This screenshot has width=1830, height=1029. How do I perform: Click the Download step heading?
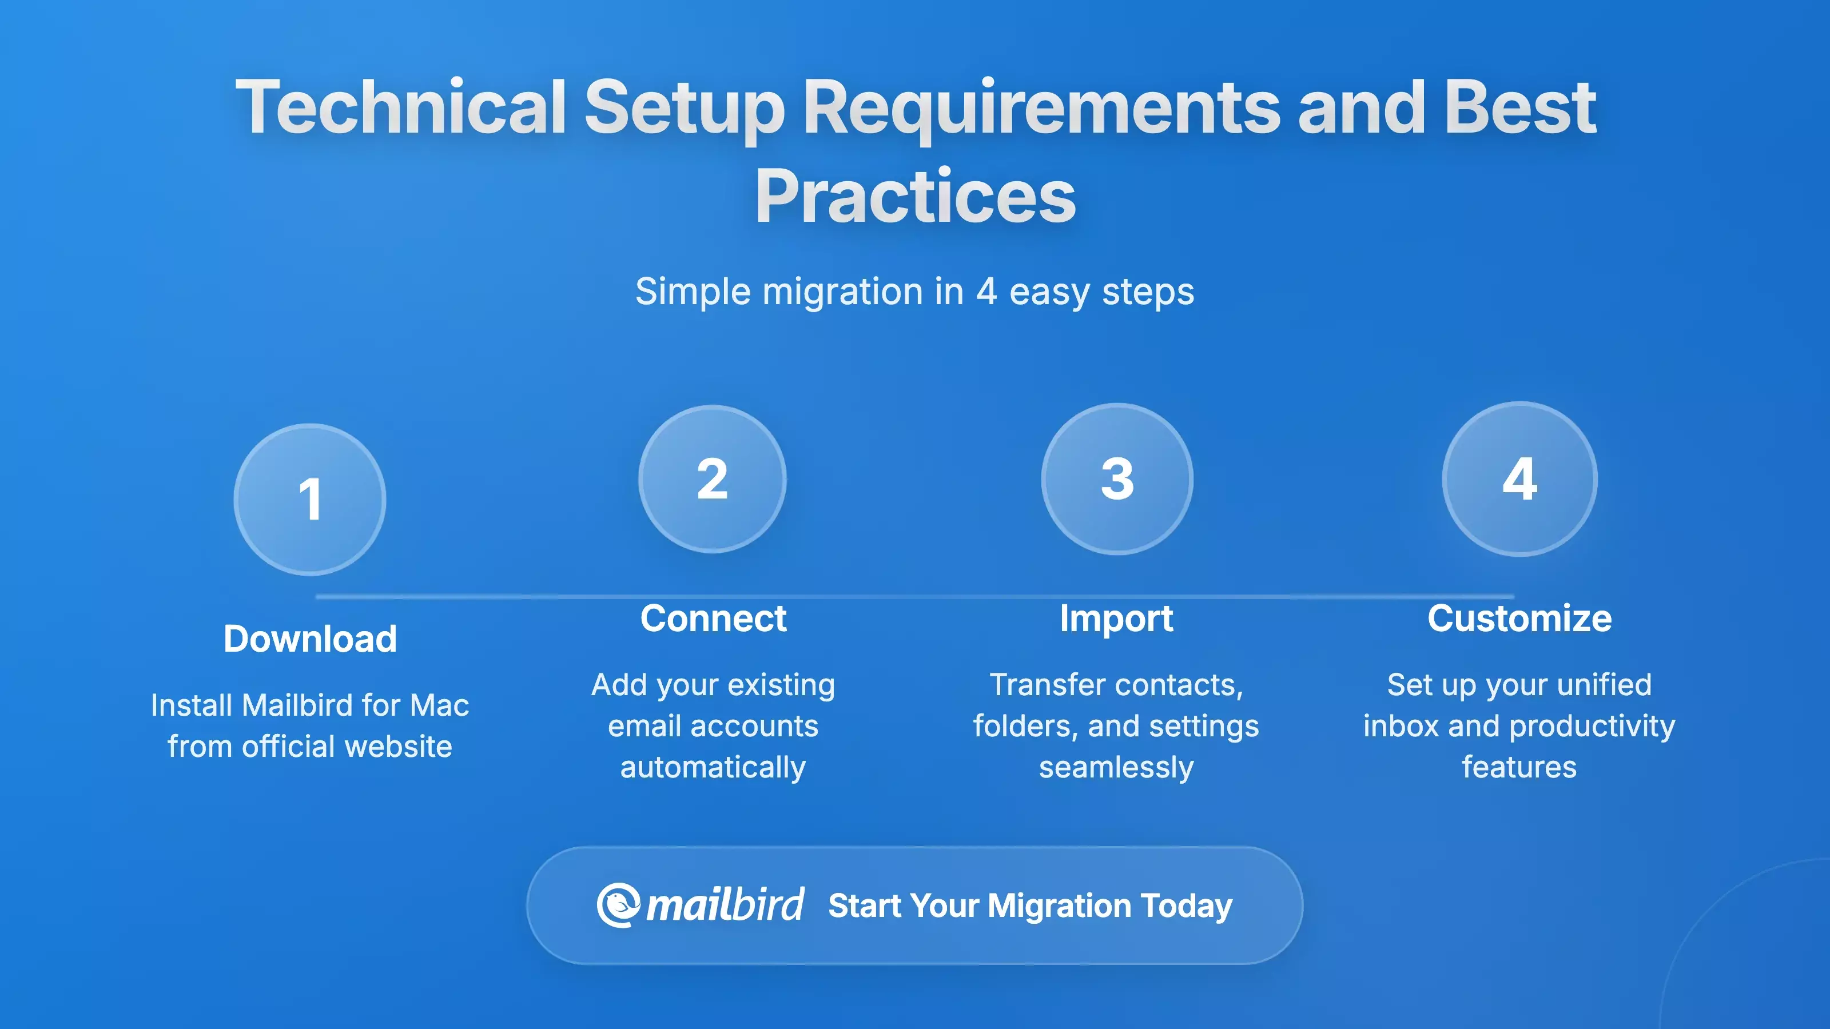coord(310,639)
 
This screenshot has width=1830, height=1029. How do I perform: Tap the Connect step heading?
coord(713,618)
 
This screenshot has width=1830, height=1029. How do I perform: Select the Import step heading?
coord(1116,618)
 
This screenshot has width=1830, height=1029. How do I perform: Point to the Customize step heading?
coord(1519,618)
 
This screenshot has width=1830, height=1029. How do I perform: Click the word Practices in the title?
coord(915,196)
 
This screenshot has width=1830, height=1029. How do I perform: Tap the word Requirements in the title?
coord(1041,107)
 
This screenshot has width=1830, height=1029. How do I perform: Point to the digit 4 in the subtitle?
coord(986,291)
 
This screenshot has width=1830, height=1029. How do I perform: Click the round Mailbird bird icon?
coord(618,906)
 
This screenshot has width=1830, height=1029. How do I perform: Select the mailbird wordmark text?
coord(725,906)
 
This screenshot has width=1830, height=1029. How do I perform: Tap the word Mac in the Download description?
coord(439,705)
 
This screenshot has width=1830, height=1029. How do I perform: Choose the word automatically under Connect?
coord(713,767)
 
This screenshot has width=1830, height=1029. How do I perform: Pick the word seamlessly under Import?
coord(1116,767)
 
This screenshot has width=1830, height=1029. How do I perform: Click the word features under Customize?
coord(1519,767)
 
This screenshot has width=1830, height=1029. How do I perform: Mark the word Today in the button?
coord(1187,906)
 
